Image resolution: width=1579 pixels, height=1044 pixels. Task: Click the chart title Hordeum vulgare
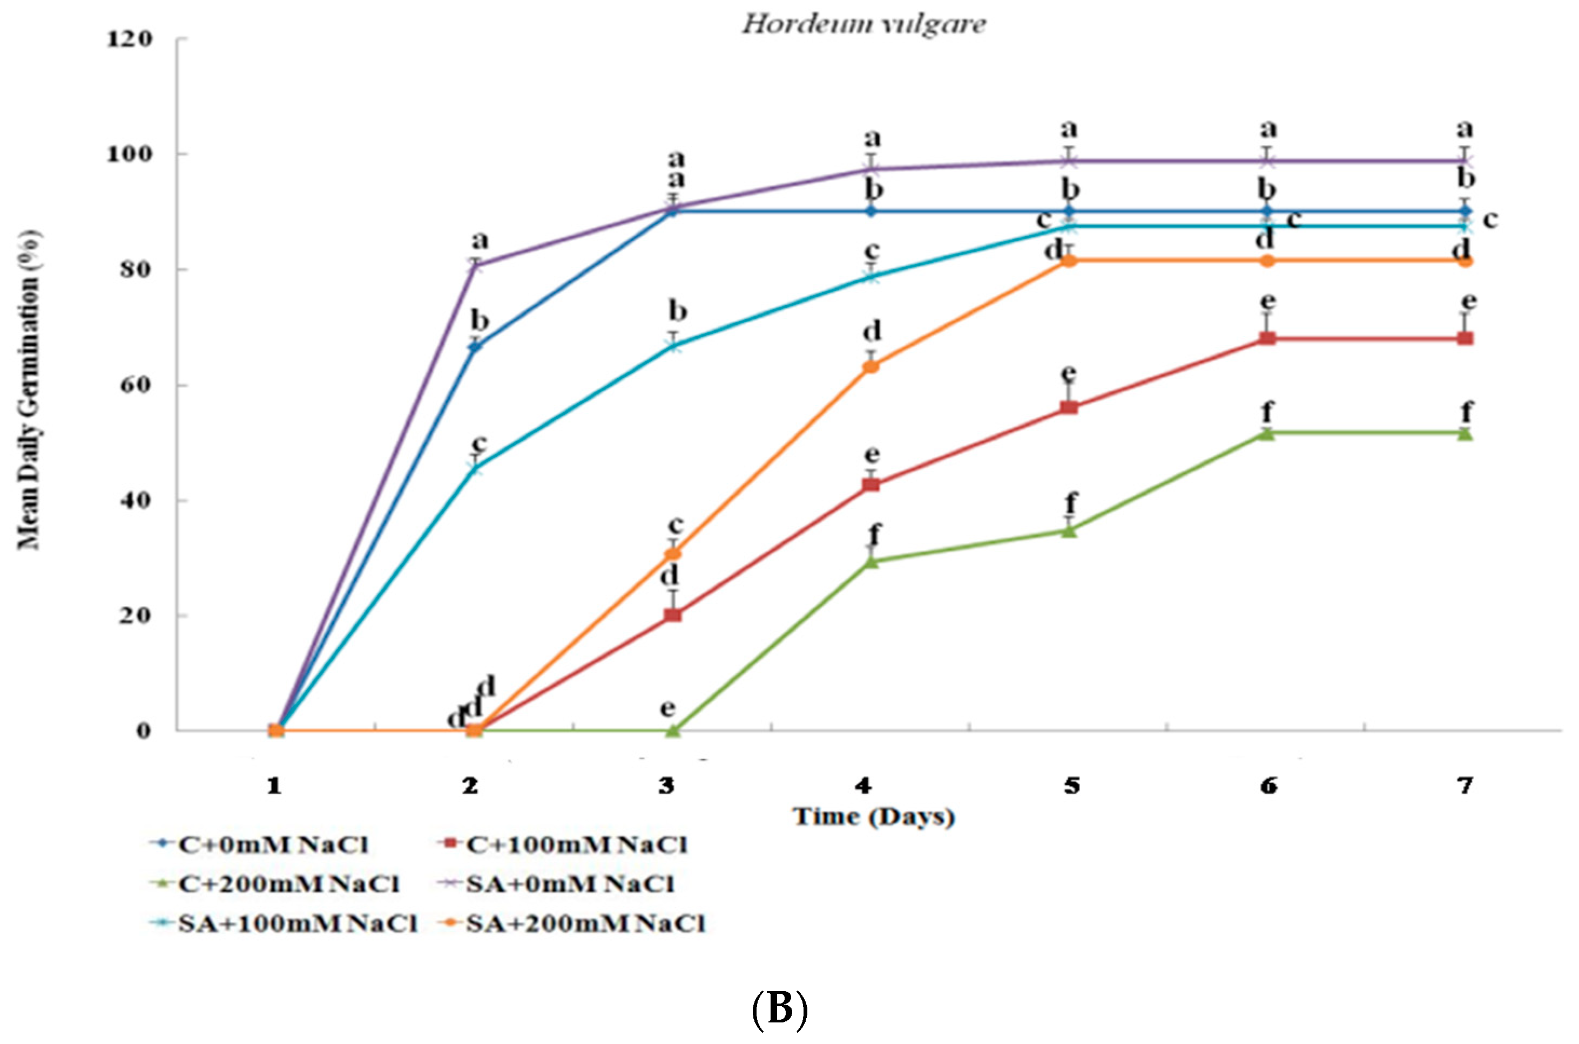coord(863,25)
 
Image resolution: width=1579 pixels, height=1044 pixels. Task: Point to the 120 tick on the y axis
coord(130,39)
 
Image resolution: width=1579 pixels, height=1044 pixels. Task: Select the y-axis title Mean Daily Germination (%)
coord(29,390)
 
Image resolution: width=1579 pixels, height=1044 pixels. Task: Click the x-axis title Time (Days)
coord(873,816)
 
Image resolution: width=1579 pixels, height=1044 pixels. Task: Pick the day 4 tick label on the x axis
coord(863,786)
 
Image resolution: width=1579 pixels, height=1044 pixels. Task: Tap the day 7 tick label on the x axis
coord(1464,786)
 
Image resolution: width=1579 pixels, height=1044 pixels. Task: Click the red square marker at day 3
coord(673,615)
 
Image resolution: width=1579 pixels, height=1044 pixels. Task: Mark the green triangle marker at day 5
coord(1069,531)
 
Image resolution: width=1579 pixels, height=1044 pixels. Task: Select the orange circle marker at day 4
coord(871,366)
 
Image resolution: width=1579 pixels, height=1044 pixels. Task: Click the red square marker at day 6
coord(1267,338)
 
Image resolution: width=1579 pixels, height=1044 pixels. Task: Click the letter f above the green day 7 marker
coord(1466,412)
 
